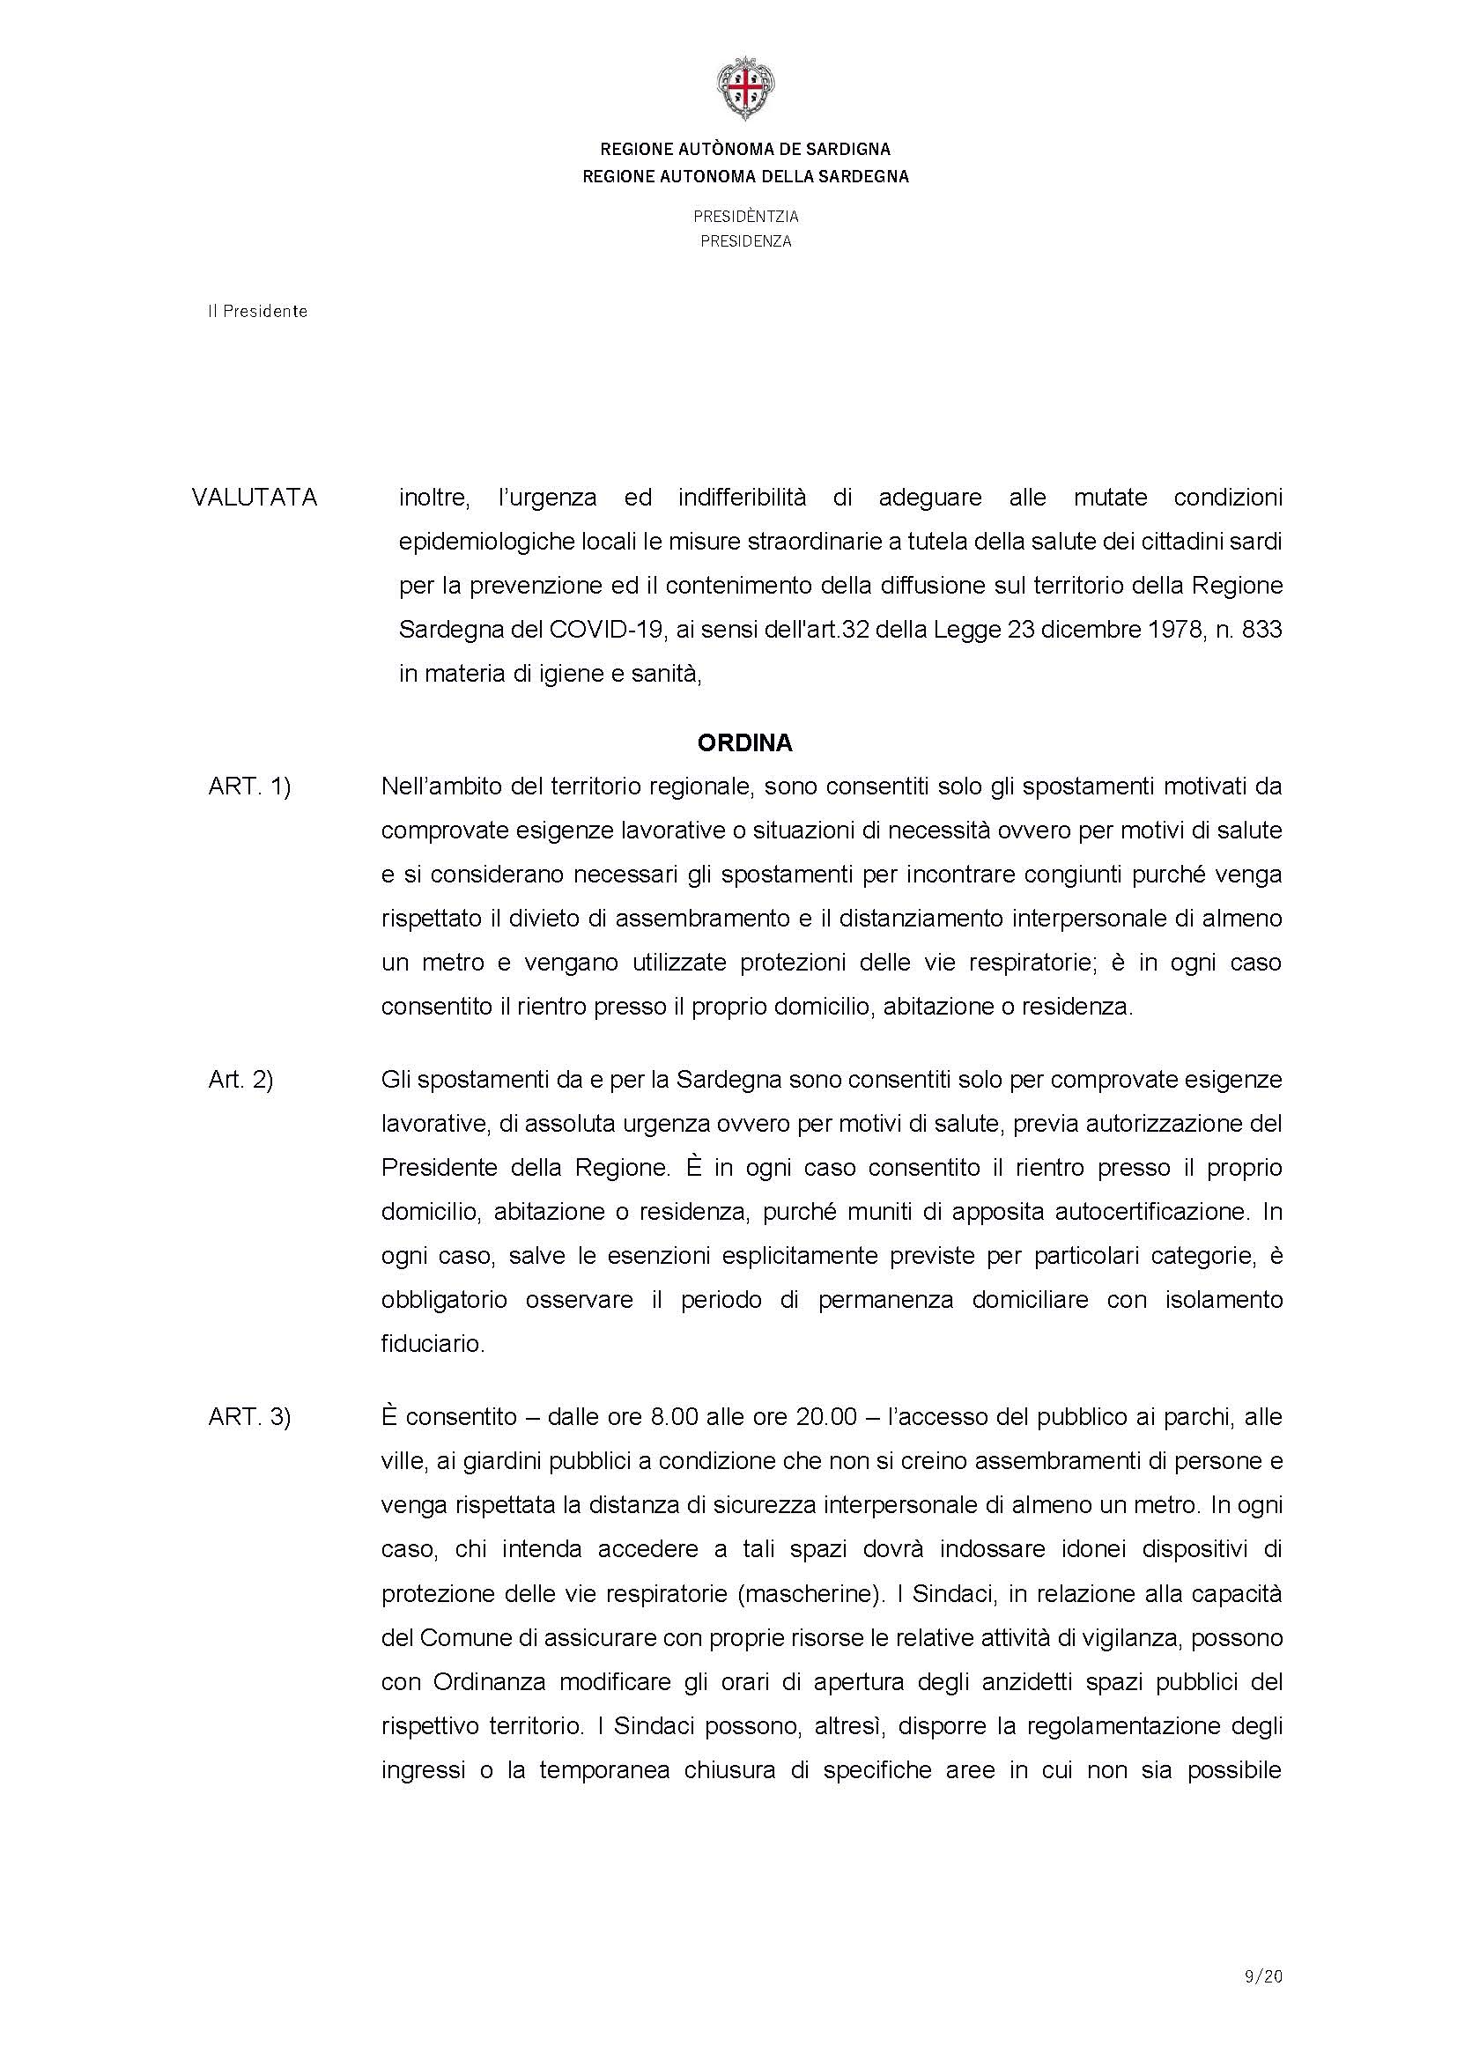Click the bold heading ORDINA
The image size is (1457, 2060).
coord(744,743)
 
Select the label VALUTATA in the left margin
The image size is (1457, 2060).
coord(254,498)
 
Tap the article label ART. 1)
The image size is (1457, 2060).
coord(249,786)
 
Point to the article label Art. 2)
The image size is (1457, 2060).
coord(240,1080)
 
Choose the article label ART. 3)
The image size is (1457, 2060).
coord(249,1417)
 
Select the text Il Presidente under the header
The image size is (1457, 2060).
coord(257,311)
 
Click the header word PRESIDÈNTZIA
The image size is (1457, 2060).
coord(745,217)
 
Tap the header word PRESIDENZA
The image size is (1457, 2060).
coord(745,241)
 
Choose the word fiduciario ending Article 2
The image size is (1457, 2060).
coord(433,1344)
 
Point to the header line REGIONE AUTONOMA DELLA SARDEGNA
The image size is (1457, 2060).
coord(745,177)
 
